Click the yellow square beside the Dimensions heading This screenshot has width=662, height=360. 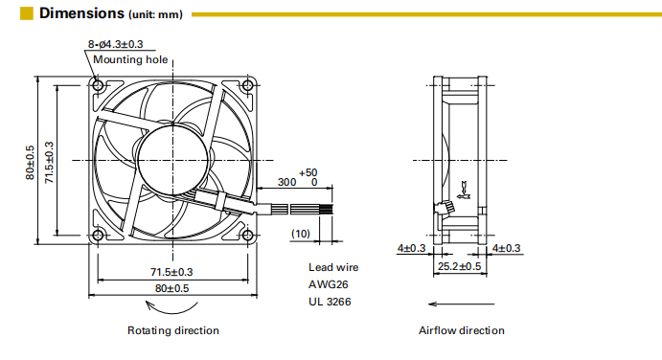26,13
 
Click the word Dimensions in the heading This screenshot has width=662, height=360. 82,13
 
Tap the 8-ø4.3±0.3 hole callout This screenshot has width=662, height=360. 115,44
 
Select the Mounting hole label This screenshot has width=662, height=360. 130,59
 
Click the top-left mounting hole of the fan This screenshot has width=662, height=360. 98,85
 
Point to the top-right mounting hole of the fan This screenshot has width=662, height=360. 248,85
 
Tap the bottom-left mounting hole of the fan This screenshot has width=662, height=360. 98,236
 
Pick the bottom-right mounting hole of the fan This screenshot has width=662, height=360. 248,236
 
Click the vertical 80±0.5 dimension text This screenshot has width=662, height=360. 30,163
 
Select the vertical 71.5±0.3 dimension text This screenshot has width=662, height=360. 50,163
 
